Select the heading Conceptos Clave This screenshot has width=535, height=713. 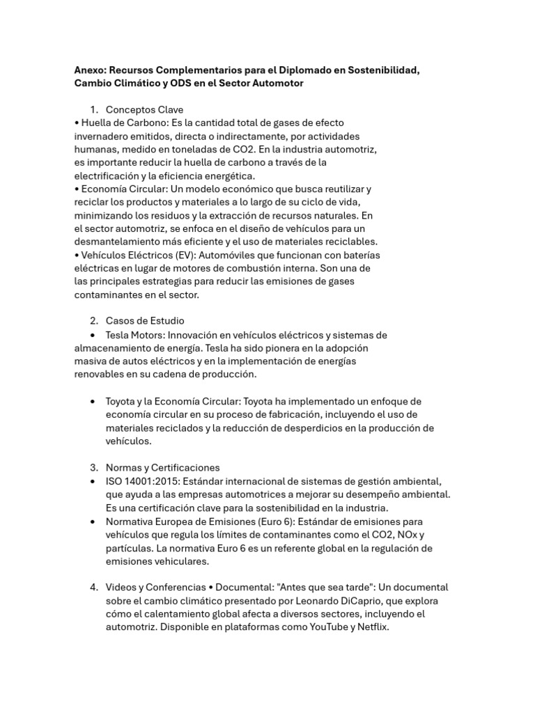pyautogui.click(x=144, y=109)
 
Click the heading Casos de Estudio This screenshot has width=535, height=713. pyautogui.click(x=145, y=321)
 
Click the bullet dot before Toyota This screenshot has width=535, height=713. pyautogui.click(x=93, y=402)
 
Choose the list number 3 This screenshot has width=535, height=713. pyautogui.click(x=93, y=468)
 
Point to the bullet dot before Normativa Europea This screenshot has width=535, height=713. pyautogui.click(x=93, y=522)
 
